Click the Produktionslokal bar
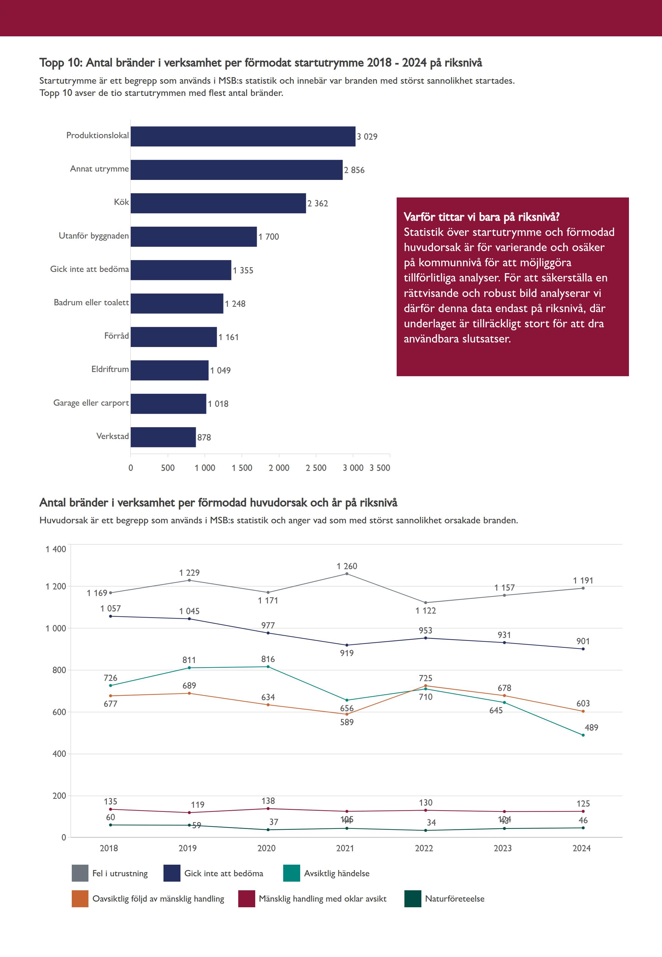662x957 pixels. click(243, 136)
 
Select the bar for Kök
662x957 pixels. click(218, 203)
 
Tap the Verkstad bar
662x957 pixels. click(163, 437)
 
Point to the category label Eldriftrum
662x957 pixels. click(110, 369)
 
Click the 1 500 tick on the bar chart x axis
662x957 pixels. click(242, 468)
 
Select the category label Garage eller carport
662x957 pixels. click(91, 403)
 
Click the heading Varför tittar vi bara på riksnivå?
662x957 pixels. click(482, 217)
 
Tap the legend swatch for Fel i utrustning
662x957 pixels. click(80, 873)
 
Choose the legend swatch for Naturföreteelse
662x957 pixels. click(413, 899)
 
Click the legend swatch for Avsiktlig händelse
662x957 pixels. click(292, 873)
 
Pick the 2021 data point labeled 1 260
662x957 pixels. click(347, 574)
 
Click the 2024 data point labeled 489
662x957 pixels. click(583, 735)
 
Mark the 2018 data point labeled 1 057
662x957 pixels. click(110, 616)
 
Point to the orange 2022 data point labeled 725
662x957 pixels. click(426, 686)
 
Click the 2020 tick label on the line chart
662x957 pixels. click(266, 848)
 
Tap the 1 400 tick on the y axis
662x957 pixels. click(56, 549)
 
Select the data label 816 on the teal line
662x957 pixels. click(268, 659)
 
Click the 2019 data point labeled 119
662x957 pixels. click(189, 813)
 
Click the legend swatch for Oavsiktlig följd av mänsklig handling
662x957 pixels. click(80, 899)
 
